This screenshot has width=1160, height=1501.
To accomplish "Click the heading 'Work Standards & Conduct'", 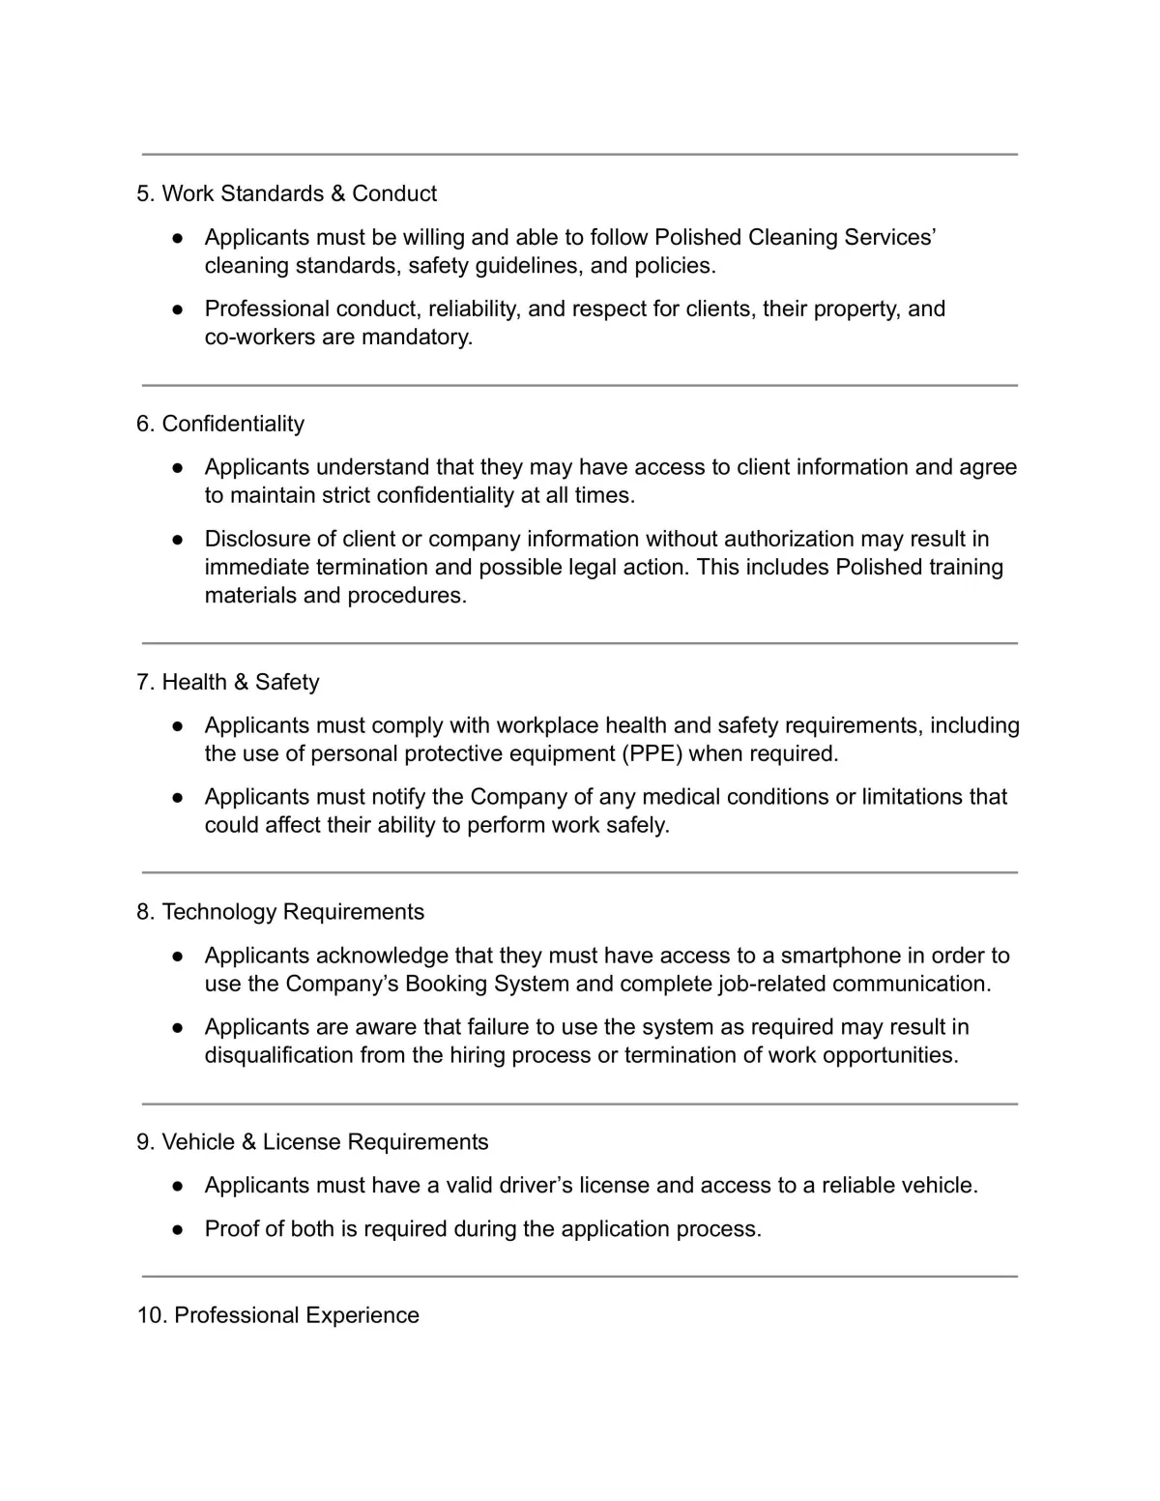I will (x=299, y=193).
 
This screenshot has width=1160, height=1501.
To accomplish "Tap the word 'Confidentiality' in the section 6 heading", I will (x=233, y=424).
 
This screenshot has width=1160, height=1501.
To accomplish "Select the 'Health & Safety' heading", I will (x=240, y=682).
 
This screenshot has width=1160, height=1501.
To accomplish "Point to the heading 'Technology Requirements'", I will (x=293, y=912).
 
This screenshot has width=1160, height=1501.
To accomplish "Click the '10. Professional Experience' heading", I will (x=278, y=1315).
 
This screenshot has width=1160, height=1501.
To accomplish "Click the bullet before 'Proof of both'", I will (x=178, y=1229).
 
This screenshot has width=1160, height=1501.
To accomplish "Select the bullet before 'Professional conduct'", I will (x=178, y=309).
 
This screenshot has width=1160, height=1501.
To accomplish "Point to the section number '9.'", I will (x=146, y=1142).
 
